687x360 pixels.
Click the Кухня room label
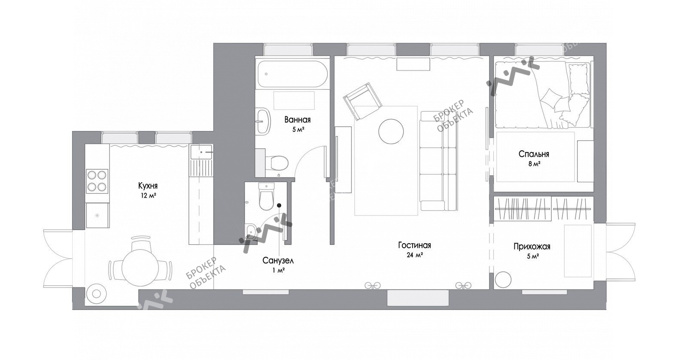(148, 186)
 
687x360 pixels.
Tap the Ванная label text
(297, 120)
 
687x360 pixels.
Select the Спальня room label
(534, 154)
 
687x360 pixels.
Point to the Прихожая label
(532, 247)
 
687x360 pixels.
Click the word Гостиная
(414, 245)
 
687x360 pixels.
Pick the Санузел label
(278, 261)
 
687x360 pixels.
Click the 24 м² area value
(415, 255)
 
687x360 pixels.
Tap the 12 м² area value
(149, 195)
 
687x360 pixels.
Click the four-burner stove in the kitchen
(97, 181)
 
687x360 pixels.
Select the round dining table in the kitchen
(140, 268)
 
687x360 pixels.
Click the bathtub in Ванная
(292, 74)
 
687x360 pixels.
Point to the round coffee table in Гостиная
(391, 131)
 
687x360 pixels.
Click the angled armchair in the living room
(362, 101)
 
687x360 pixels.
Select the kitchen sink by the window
(201, 152)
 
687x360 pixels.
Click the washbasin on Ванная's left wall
(263, 121)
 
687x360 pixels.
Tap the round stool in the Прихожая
(503, 280)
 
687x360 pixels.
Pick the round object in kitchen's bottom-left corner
(96, 294)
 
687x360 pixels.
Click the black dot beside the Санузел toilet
(279, 205)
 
